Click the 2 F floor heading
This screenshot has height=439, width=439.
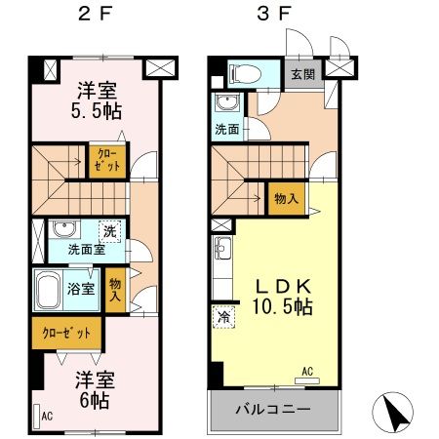pyautogui.click(x=97, y=16)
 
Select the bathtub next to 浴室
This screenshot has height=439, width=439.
pyautogui.click(x=51, y=289)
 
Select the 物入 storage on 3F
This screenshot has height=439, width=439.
pyautogui.click(x=286, y=198)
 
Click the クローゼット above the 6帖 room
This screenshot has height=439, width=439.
pyautogui.click(x=66, y=333)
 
